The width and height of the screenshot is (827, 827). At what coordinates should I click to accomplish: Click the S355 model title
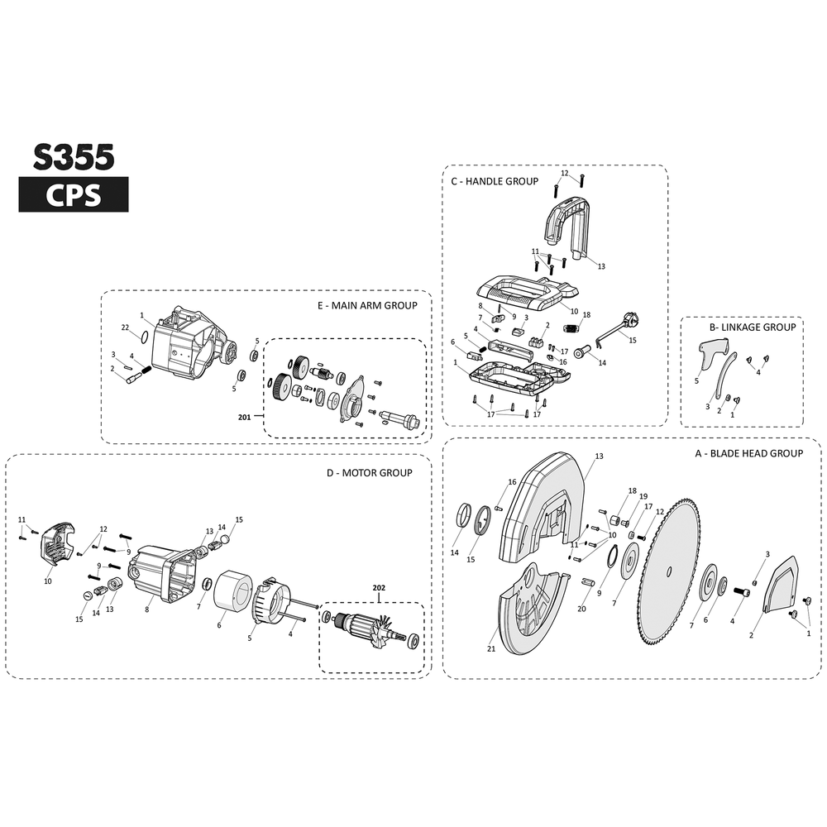click(73, 156)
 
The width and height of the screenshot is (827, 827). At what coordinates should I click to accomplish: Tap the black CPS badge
click(73, 195)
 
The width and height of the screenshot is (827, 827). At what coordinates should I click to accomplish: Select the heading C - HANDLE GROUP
click(495, 181)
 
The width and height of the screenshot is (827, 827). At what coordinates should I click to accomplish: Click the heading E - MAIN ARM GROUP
click(367, 305)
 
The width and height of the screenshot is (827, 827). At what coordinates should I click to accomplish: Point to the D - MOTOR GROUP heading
click(369, 472)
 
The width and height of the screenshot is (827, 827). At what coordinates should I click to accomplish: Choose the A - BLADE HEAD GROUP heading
click(748, 453)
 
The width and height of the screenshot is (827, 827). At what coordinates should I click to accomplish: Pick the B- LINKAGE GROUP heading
click(752, 327)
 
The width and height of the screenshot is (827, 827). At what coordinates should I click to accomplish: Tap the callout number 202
click(379, 588)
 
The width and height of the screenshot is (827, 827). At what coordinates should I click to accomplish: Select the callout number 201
click(244, 417)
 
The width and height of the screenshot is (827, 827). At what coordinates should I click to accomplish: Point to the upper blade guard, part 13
click(542, 504)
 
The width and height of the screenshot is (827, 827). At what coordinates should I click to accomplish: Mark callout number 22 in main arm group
click(125, 328)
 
